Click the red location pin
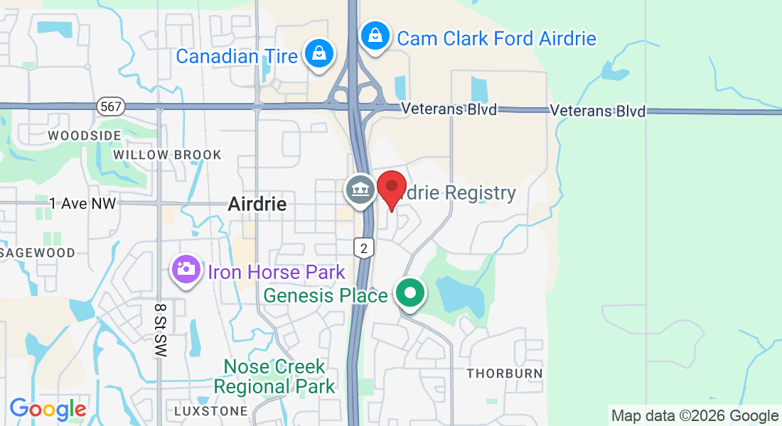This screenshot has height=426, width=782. pos(391,187)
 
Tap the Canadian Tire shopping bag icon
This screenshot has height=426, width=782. pos(320,54)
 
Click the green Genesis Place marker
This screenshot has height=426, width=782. pos(409,293)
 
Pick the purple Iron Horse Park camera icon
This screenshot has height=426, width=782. pos(186,269)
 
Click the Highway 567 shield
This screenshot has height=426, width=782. pos(111,106)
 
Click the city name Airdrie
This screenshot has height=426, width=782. pos(257,204)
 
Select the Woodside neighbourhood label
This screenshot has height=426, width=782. pos(75,135)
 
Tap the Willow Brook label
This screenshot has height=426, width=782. pos(167,155)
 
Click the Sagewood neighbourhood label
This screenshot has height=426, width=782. pos(38,253)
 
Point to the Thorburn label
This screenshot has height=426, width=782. pos(504,373)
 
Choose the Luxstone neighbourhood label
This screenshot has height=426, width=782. pos(206,411)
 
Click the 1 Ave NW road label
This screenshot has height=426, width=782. pos(82,204)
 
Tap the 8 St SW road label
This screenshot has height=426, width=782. pos(160,329)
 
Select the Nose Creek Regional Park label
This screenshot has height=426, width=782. pos(274,377)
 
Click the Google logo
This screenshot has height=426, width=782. pos(48,409)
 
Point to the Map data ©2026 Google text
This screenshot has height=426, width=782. pos(695,416)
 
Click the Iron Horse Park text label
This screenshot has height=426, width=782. pos(276,272)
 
